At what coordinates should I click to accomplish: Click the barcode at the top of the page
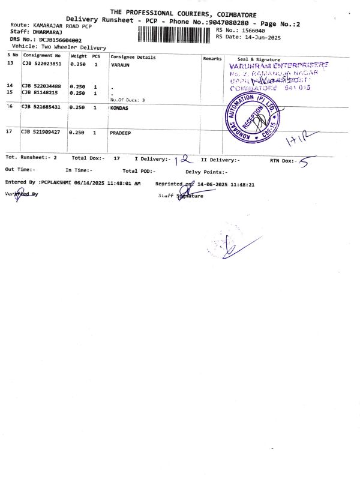[175, 34]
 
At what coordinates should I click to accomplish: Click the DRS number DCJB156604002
[59, 40]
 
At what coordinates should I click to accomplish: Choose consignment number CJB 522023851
[41, 64]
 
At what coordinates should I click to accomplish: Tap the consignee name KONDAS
[119, 108]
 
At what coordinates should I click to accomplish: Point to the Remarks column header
[212, 58]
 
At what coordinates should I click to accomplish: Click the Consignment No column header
[42, 55]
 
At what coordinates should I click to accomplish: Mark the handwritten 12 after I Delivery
[182, 159]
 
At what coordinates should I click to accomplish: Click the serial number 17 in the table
[10, 131]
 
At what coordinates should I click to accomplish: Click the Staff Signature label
[181, 196]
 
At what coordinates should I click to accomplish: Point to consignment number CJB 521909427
[41, 131]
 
